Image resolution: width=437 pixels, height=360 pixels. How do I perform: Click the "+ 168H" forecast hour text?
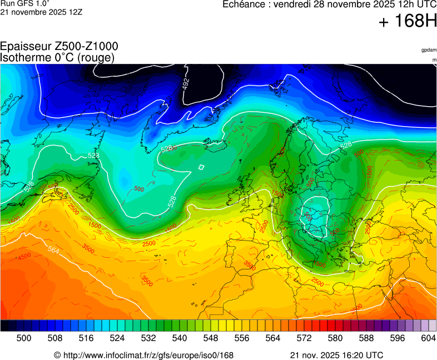[x=408, y=22]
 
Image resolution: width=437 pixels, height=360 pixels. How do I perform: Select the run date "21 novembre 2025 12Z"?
[x=41, y=12]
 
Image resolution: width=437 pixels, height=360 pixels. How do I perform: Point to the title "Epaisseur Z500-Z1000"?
[x=59, y=47]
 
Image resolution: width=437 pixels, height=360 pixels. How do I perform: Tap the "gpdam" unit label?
[x=429, y=50]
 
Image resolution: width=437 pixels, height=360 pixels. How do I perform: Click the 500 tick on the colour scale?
[x=24, y=337]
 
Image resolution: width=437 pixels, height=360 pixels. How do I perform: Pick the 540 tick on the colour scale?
[x=180, y=337]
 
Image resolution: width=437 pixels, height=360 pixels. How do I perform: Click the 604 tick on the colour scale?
[x=429, y=337]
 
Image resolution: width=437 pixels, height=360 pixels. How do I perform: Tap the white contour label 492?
[x=185, y=83]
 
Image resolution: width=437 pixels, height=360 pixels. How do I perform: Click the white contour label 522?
[x=94, y=156]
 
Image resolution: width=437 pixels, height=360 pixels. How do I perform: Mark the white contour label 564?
[x=54, y=250]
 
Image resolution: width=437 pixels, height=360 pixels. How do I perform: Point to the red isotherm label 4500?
[x=24, y=257]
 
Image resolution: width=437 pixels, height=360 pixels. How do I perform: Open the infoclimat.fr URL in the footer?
[x=143, y=355]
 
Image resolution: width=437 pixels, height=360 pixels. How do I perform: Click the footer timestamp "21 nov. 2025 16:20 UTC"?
[x=336, y=355]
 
